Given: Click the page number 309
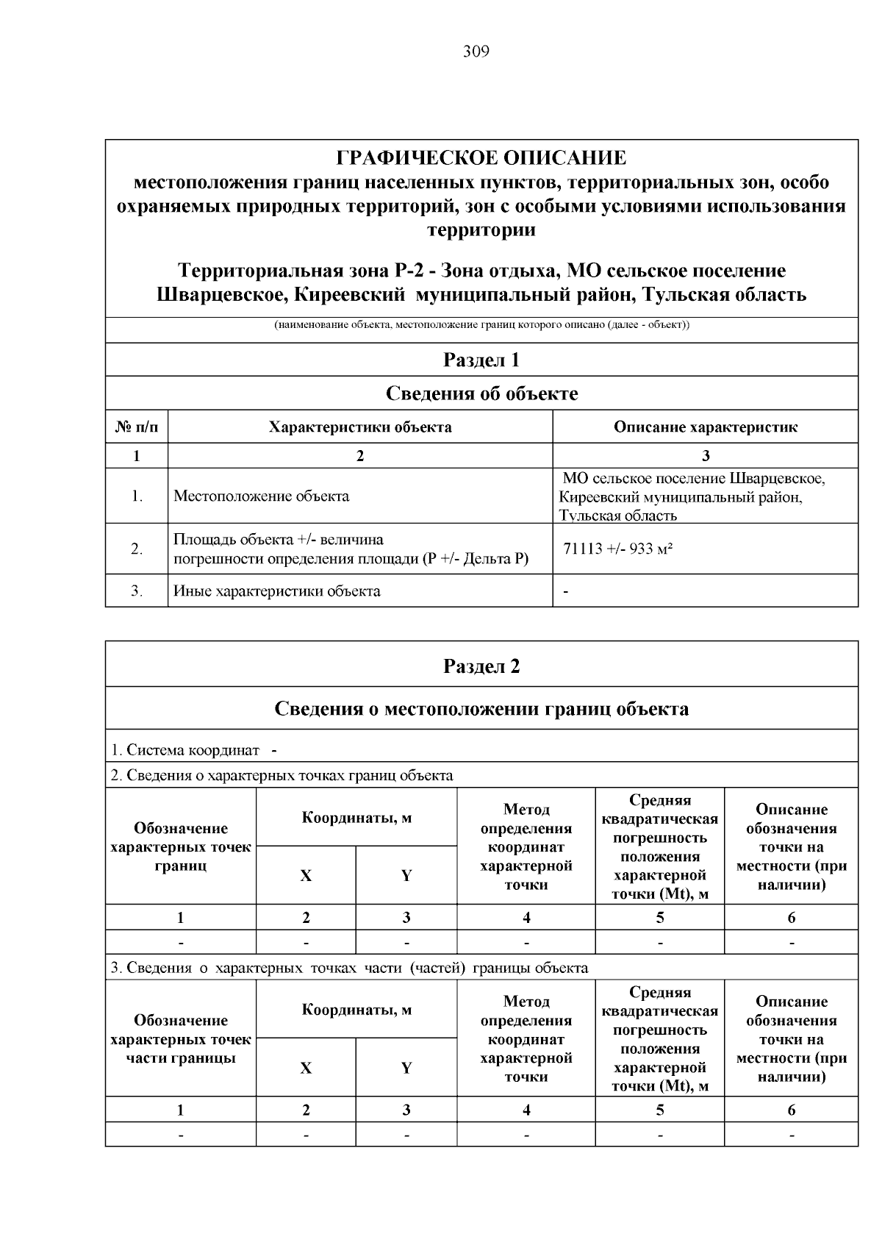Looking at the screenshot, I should (476, 51).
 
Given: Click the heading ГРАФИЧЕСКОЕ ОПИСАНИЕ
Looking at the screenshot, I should (481, 157).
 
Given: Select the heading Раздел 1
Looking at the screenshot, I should (481, 360).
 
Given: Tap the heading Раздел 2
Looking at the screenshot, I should (481, 666).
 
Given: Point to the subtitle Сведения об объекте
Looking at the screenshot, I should (481, 393).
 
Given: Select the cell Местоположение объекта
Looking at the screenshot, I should (261, 496).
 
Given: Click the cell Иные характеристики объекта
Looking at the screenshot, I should (276, 591).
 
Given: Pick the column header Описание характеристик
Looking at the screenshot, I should (705, 427).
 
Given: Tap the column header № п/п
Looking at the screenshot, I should (137, 427).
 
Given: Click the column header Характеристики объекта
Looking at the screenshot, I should (359, 427).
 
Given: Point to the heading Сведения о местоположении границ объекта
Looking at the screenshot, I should (481, 709).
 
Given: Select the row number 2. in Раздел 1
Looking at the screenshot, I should (137, 549).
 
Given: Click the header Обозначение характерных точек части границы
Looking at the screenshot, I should (181, 1039).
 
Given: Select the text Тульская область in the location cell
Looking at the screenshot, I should (617, 516).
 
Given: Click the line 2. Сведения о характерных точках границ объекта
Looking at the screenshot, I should (282, 775).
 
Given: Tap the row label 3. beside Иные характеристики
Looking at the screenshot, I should (137, 591).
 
